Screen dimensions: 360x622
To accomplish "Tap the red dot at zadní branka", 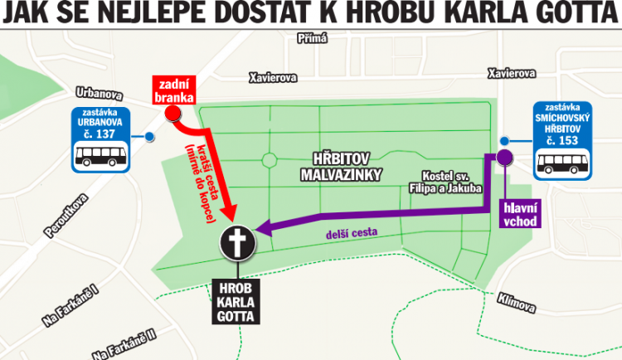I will click(173, 114).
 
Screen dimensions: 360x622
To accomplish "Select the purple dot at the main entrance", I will click(504, 158).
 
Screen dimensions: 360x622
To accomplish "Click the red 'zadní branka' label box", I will click(173, 90).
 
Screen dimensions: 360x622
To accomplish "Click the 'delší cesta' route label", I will click(353, 235).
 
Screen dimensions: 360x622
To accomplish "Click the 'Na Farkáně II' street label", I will click(126, 343).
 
